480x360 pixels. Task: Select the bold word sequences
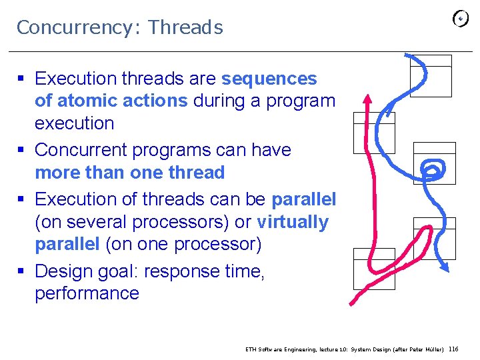click(269, 79)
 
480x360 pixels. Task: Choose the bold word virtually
click(292, 222)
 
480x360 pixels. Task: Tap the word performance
click(87, 293)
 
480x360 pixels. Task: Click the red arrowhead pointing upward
click(367, 100)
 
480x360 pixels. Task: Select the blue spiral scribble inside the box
click(434, 169)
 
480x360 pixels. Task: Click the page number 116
click(453, 349)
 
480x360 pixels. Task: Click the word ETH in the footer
click(251, 349)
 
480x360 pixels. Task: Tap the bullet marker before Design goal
click(21, 271)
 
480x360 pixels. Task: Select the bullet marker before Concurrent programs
click(21, 150)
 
